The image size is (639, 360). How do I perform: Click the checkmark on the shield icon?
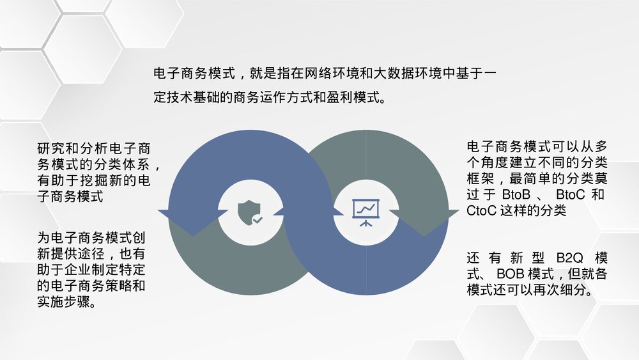tap(257, 219)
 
